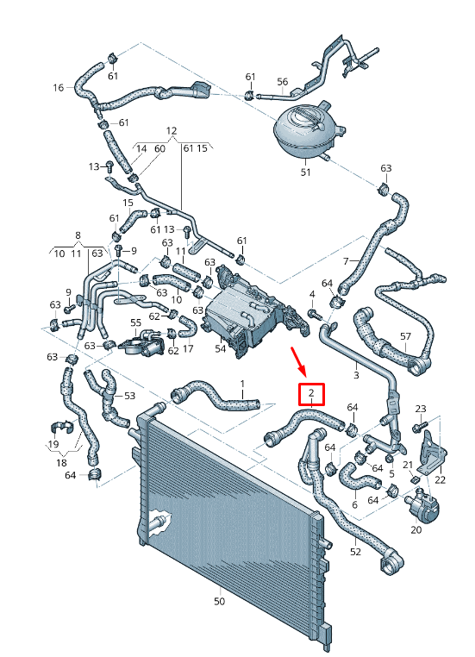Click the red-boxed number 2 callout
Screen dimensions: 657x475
(x=311, y=395)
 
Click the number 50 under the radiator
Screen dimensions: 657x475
(x=219, y=601)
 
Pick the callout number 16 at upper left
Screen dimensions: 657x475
(x=59, y=87)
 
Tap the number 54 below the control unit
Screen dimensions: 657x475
(x=220, y=348)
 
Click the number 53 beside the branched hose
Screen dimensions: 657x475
(x=129, y=396)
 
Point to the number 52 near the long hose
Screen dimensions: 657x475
(x=355, y=551)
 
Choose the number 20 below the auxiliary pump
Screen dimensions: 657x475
(x=416, y=529)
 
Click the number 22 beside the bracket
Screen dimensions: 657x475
(x=440, y=479)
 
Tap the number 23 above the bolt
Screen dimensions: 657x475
(x=421, y=409)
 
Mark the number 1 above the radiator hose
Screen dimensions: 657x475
(x=242, y=383)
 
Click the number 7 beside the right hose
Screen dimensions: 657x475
(x=345, y=261)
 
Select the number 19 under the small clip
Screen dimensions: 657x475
(x=53, y=444)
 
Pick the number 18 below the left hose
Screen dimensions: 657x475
(x=61, y=463)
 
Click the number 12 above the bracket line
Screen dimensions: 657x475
(x=171, y=131)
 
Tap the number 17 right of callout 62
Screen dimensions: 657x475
(x=188, y=349)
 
